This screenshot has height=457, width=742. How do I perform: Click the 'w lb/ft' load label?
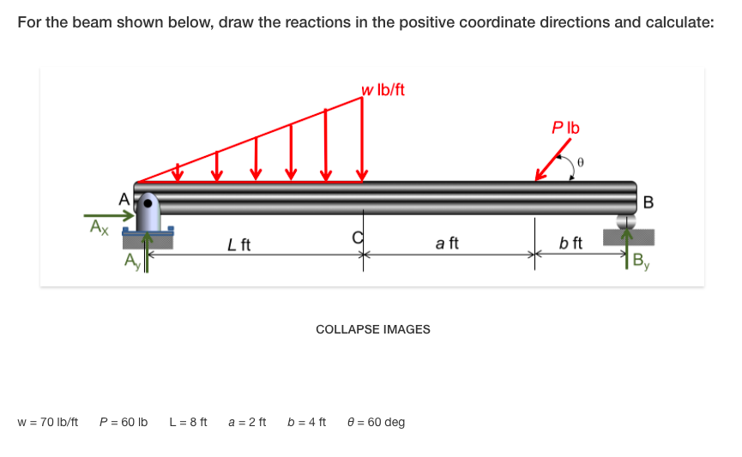[383, 90]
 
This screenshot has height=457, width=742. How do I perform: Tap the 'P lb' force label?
[566, 128]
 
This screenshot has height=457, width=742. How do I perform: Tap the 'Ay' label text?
[131, 260]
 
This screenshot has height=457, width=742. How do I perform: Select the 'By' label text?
[641, 261]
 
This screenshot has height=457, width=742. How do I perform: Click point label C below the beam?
[358, 237]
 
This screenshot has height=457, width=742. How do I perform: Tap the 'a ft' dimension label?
[447, 244]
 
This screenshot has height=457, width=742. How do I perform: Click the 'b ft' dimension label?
[570, 244]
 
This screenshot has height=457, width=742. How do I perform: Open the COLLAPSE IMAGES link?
[373, 329]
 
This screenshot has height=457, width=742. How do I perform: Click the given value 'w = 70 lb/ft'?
[48, 422]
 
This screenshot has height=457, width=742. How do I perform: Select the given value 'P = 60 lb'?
[124, 422]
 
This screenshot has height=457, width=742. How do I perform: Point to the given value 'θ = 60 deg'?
[377, 422]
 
